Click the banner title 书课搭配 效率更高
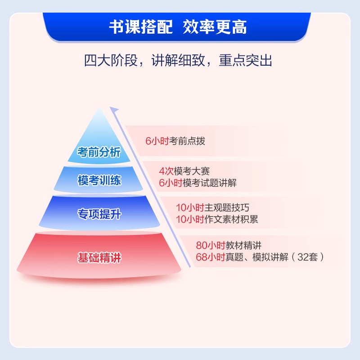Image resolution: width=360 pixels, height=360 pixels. pos(178,27)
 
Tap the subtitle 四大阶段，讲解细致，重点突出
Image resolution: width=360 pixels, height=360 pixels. pos(178,60)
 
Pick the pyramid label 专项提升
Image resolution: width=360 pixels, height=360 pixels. pos(99,214)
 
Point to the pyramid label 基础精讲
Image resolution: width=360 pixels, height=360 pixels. pos(99,258)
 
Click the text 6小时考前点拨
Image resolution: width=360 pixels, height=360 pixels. pos(175,141)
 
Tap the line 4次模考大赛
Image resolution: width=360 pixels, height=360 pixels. pos(184,171)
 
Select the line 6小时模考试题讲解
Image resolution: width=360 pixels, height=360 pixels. pos(198,183)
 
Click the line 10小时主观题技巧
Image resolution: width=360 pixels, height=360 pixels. pos(212,207)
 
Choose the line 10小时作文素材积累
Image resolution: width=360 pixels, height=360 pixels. pos(217,219)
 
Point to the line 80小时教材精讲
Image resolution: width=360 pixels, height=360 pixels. pos(229,246)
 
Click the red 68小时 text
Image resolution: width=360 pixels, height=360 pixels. pos(207,257)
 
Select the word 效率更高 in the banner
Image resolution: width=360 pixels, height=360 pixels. pos(215,27)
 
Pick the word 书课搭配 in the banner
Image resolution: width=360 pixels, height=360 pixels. pos(141,27)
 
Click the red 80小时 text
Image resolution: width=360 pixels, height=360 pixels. pos(207,246)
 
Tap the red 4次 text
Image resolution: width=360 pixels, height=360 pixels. pos(163,171)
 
